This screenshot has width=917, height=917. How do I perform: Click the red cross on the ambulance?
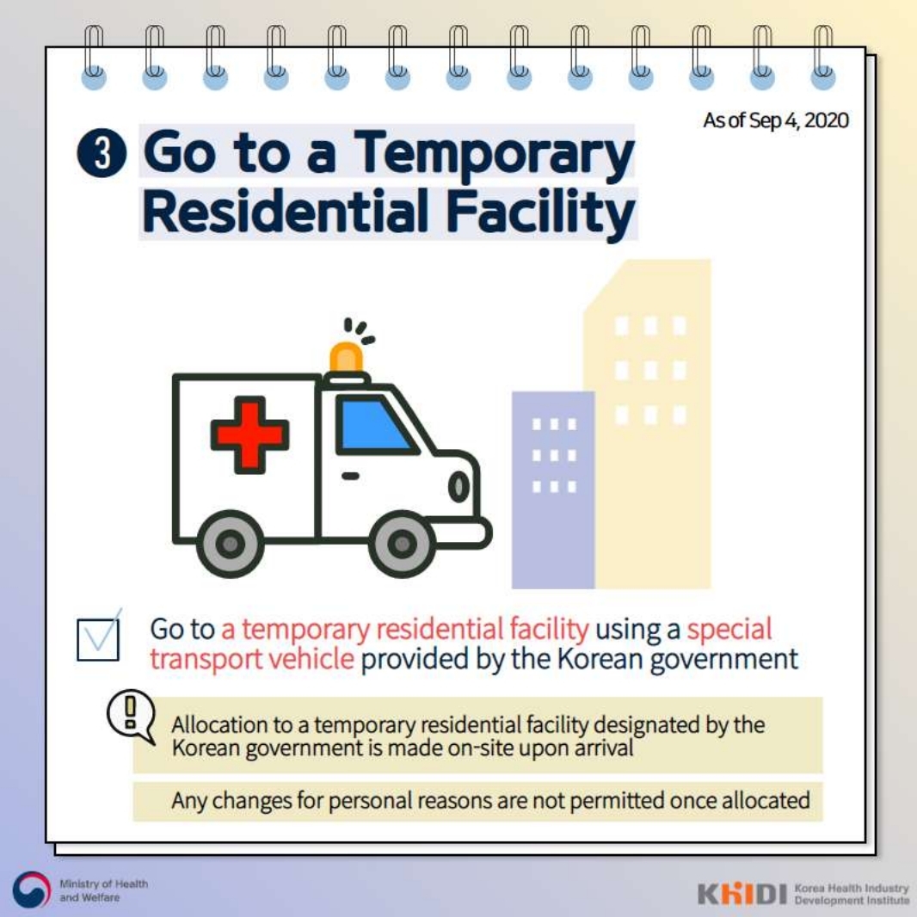[x=249, y=434]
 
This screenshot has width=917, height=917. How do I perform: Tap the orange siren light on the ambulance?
[x=346, y=357]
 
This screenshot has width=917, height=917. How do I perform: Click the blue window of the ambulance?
[x=374, y=425]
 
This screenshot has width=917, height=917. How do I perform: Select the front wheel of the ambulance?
[x=403, y=544]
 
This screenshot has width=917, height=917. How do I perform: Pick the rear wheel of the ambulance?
[x=231, y=544]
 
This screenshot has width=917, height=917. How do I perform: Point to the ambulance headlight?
[x=459, y=486]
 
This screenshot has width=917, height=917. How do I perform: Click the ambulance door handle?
[x=350, y=476]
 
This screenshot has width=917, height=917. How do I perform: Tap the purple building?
[x=552, y=489]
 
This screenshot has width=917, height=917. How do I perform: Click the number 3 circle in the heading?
[x=102, y=152]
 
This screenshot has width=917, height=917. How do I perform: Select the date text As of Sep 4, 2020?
[x=775, y=120]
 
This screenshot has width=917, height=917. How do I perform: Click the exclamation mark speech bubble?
[x=131, y=716]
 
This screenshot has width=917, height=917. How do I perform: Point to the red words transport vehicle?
[x=251, y=659]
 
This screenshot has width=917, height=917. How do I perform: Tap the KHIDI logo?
[x=742, y=893]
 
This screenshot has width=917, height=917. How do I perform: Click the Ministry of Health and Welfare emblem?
[x=32, y=890]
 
